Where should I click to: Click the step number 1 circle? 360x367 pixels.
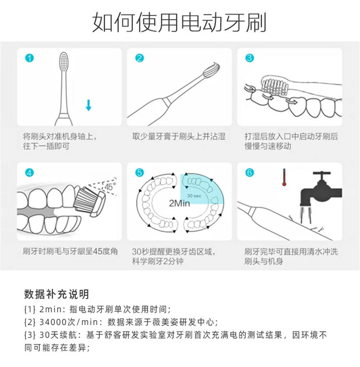(x=29, y=58)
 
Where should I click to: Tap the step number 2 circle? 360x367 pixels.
(x=139, y=58)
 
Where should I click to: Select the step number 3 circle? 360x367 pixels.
(x=249, y=58)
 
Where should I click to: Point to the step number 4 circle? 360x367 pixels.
(x=29, y=173)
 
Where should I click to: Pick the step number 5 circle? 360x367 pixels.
(x=139, y=173)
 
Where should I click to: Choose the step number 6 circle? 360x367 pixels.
(x=249, y=173)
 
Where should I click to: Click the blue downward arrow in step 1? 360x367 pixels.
(x=88, y=105)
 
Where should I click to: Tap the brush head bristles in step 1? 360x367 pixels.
(x=64, y=61)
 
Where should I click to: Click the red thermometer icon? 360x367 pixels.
(x=284, y=177)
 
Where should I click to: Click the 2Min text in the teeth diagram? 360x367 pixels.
(x=180, y=203)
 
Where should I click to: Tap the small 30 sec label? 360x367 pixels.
(x=194, y=196)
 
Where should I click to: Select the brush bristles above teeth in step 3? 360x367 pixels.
(x=275, y=87)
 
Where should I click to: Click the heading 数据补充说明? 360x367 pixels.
(x=57, y=294)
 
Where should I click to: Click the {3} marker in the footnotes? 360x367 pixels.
(x=30, y=335)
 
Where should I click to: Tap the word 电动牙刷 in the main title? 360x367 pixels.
(x=224, y=22)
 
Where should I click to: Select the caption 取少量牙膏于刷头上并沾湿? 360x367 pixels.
(x=179, y=136)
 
